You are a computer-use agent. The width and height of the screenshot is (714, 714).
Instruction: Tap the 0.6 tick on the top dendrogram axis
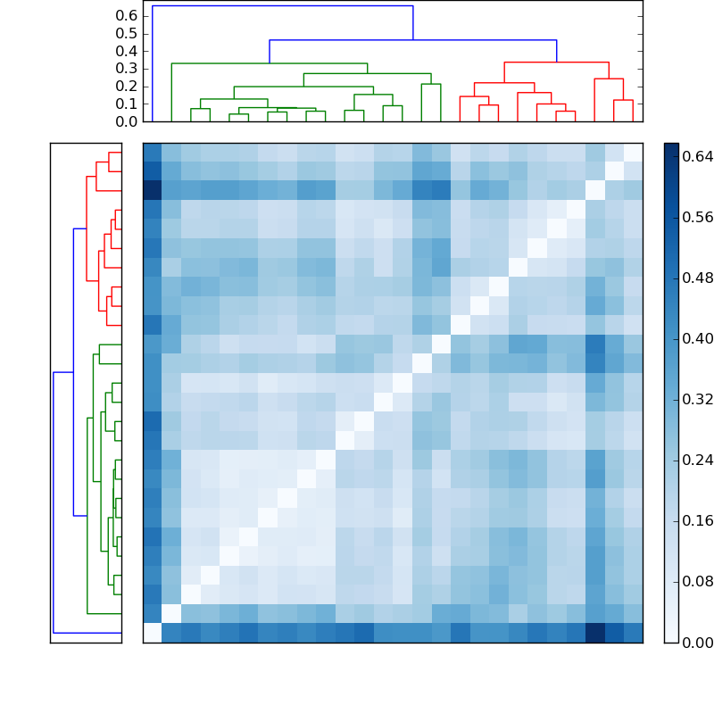(128, 16)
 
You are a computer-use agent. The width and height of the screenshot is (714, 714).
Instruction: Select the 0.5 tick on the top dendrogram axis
(128, 34)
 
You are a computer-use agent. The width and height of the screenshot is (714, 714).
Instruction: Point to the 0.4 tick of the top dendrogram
(128, 51)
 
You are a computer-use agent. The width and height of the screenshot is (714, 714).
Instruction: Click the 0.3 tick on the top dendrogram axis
(128, 69)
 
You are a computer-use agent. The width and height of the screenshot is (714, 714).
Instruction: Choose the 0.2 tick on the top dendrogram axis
(128, 86)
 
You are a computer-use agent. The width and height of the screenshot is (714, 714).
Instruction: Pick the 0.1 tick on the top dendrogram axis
(128, 104)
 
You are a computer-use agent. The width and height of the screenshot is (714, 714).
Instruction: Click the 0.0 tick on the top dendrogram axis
(128, 121)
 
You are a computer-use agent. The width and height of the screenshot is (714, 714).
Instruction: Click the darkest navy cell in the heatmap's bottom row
(594, 633)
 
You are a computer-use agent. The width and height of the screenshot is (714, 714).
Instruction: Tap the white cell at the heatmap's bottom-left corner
(153, 633)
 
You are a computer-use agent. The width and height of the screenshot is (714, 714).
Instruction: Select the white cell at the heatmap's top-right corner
(633, 153)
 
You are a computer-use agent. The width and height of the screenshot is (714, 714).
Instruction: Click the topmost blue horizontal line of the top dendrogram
(282, 6)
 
